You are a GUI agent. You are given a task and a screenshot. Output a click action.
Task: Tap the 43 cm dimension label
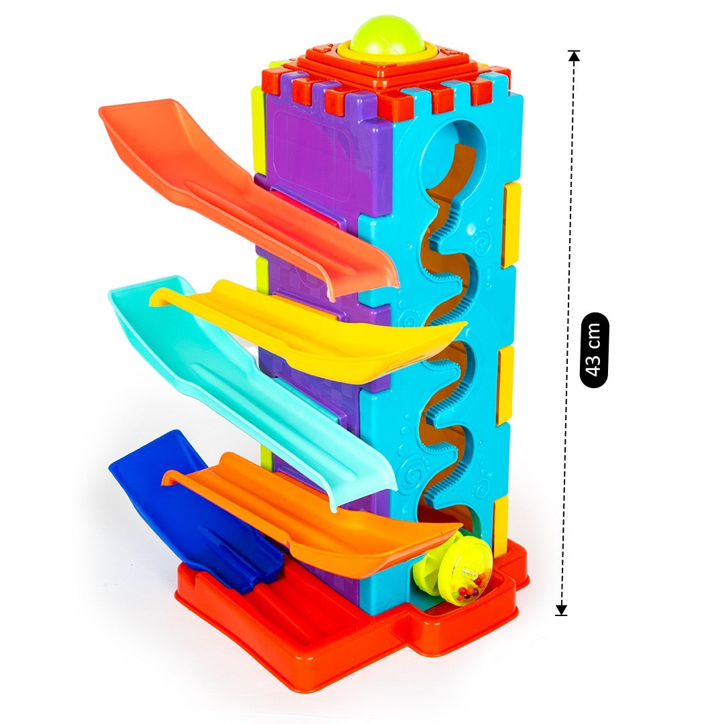point(594,350)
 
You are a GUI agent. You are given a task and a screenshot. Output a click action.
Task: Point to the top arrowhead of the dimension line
point(574,56)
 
